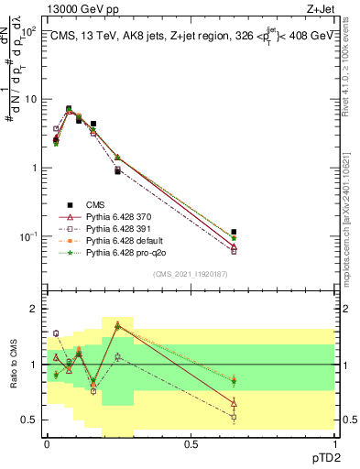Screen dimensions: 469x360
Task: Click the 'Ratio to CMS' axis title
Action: click(12, 365)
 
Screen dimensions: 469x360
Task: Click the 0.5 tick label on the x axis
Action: click(191, 444)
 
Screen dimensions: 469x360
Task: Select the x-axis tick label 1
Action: click(334, 444)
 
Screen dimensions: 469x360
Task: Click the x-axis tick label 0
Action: click(47, 444)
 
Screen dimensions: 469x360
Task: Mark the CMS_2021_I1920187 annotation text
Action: click(191, 275)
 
